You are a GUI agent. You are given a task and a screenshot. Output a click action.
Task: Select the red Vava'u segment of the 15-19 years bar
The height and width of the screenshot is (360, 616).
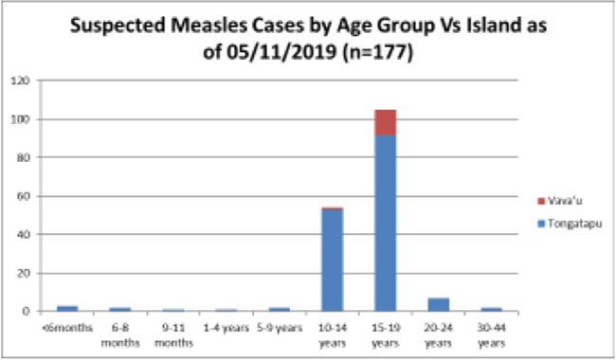(385, 122)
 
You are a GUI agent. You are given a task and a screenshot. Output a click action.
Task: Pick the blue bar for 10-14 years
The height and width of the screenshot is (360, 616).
(332, 260)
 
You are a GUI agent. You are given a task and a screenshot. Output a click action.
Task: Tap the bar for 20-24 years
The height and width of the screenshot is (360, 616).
(438, 304)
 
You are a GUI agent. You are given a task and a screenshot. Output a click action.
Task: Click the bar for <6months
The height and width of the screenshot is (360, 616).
(66, 308)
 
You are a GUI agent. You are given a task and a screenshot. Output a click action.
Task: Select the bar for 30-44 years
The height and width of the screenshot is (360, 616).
(491, 309)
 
